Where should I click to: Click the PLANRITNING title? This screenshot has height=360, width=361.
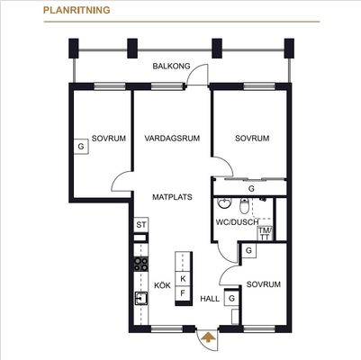pyautogui.click(x=77, y=10)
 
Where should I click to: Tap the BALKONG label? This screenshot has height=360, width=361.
pyautogui.click(x=171, y=66)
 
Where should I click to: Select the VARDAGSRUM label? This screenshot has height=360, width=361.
pyautogui.click(x=172, y=139)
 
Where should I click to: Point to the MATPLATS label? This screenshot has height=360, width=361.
pyautogui.click(x=172, y=197)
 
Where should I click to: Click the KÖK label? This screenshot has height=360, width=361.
pyautogui.click(x=162, y=285)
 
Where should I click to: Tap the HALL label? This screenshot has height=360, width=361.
pyautogui.click(x=210, y=299)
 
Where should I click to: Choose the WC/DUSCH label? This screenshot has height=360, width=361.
pyautogui.click(x=237, y=222)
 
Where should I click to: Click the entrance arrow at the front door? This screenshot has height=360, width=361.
pyautogui.click(x=209, y=337)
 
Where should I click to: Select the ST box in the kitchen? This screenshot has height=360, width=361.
pyautogui.click(x=141, y=225)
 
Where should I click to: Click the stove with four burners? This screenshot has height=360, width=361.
pyautogui.click(x=140, y=264)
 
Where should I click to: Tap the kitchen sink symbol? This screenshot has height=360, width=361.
pyautogui.click(x=140, y=298)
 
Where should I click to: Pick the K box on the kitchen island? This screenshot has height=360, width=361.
pyautogui.click(x=183, y=279)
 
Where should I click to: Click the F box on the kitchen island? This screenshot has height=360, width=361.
pyautogui.click(x=183, y=293)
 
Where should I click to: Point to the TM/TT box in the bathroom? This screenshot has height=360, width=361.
pyautogui.click(x=266, y=234)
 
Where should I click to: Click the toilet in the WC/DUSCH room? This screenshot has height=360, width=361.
pyautogui.click(x=245, y=206)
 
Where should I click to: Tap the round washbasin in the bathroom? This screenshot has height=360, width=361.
pyautogui.click(x=224, y=203)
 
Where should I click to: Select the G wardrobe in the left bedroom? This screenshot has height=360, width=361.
pyautogui.click(x=81, y=147)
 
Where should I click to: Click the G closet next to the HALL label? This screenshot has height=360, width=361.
pyautogui.click(x=231, y=299)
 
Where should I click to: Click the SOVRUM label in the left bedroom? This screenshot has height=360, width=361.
pyautogui.click(x=109, y=139)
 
